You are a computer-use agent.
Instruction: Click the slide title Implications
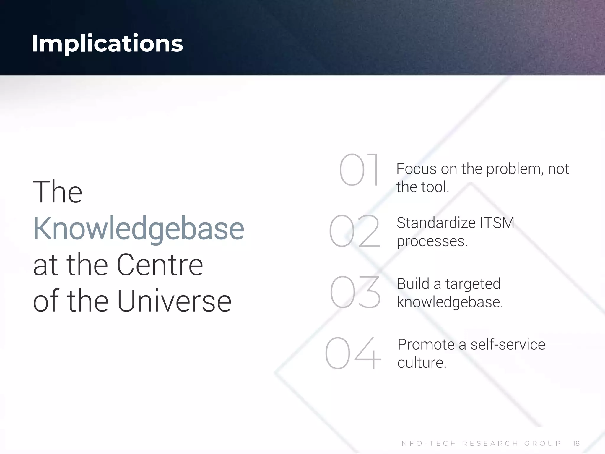point(107,43)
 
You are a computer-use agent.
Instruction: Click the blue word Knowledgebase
point(138,229)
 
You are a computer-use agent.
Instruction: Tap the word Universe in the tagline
point(174,301)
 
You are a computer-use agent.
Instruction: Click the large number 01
point(359,170)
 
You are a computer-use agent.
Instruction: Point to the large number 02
point(354,231)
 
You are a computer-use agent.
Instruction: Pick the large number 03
point(355,292)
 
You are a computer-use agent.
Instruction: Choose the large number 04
point(353,353)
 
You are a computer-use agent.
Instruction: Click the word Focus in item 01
point(416,169)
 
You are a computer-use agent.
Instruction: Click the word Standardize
point(436,223)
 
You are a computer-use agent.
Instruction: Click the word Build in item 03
point(413,284)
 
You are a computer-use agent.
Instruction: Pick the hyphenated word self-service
point(508,345)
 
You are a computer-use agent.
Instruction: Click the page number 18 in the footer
point(576,443)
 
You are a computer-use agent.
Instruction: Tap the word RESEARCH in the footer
point(490,443)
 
